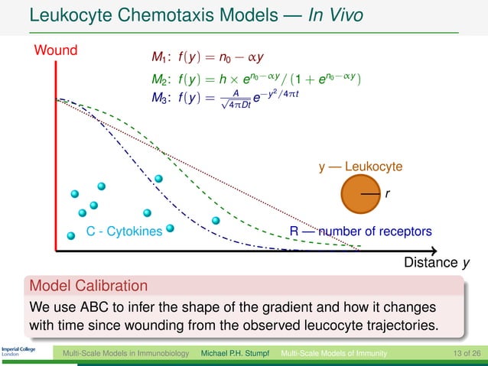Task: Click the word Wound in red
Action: pyautogui.click(x=56, y=51)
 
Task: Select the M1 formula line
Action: pyautogui.click(x=207, y=57)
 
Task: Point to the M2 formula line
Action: pyautogui.click(x=256, y=79)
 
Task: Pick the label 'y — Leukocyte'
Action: pyautogui.click(x=360, y=166)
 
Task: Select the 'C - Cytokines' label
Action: pyautogui.click(x=124, y=231)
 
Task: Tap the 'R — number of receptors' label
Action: pyautogui.click(x=360, y=231)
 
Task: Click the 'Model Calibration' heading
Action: pyautogui.click(x=88, y=287)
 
